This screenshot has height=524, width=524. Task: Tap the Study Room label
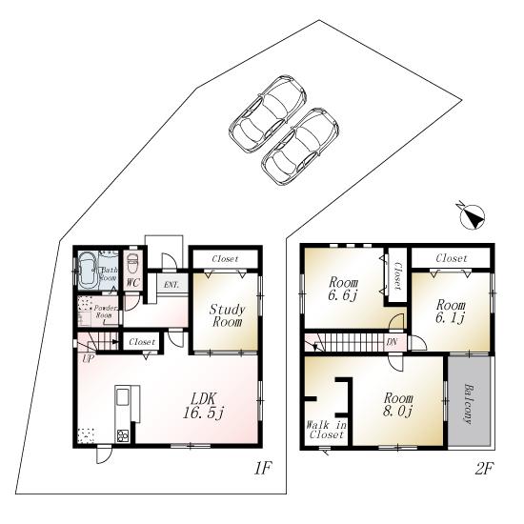[x=228, y=315]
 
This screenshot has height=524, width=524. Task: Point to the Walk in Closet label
[x=327, y=429]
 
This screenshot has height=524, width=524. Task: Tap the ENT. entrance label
[x=171, y=284]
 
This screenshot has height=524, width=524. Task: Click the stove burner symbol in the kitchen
[x=123, y=436]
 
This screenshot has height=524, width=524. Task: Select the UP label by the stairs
[x=88, y=358]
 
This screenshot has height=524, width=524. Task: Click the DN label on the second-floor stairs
[x=392, y=342]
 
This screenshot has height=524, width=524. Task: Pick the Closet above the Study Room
[x=225, y=258]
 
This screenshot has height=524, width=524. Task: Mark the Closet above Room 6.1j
[x=453, y=258]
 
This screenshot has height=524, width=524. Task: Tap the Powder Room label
[x=103, y=313]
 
